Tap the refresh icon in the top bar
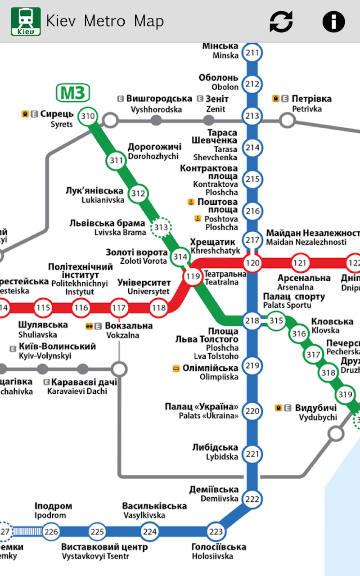click(x=281, y=21)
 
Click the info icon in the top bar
click(x=333, y=21)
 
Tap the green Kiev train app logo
click(x=26, y=21)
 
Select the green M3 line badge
click(x=73, y=93)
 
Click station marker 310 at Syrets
click(x=88, y=117)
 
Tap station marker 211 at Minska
click(x=252, y=53)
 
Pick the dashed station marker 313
click(x=161, y=228)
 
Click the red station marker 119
click(x=193, y=276)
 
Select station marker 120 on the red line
click(x=252, y=262)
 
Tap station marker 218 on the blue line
click(x=252, y=320)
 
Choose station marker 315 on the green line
click(x=276, y=320)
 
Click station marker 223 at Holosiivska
click(x=216, y=532)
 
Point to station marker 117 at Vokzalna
click(x=119, y=308)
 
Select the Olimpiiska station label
click(x=210, y=373)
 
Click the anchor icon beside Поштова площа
click(x=191, y=202)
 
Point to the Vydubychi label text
click(x=316, y=413)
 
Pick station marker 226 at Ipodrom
click(x=51, y=532)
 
